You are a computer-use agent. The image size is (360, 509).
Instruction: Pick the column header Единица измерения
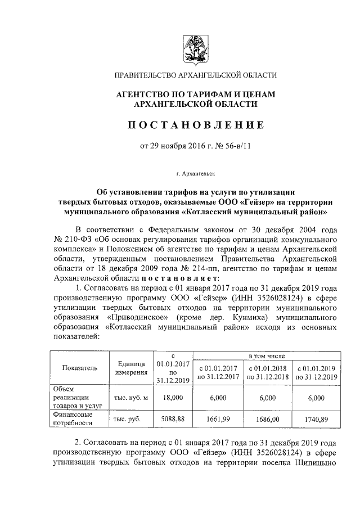(x=131, y=368)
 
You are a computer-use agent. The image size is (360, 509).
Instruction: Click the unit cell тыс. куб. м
(x=131, y=398)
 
